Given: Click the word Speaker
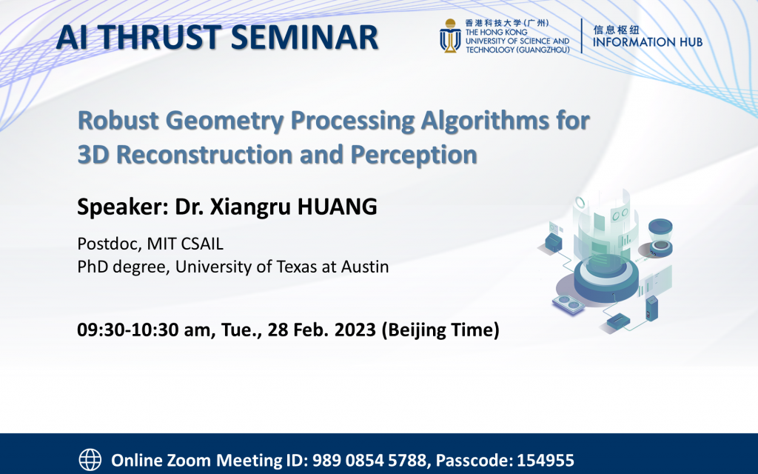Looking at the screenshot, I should [x=121, y=207].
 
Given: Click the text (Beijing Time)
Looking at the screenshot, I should [x=440, y=330].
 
